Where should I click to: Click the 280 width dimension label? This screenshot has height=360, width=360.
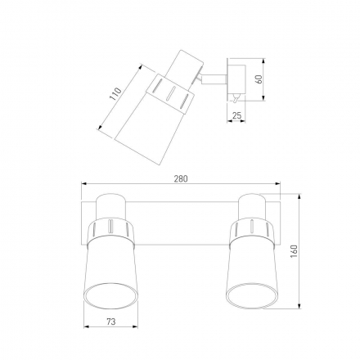(x=181, y=178)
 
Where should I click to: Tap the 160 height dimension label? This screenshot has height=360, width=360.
(x=294, y=251)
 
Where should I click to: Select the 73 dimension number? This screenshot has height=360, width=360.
(x=111, y=322)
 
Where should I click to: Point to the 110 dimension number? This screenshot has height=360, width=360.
(x=115, y=94)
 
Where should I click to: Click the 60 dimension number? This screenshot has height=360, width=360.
(x=259, y=79)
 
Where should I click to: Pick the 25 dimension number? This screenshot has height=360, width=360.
(x=236, y=115)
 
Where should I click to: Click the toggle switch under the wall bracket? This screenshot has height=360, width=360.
(x=236, y=97)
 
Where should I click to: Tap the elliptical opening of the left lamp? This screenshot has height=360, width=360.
(x=110, y=296)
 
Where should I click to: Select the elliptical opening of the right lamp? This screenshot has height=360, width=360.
(x=252, y=296)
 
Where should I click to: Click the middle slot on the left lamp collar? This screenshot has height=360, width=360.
(x=111, y=226)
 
